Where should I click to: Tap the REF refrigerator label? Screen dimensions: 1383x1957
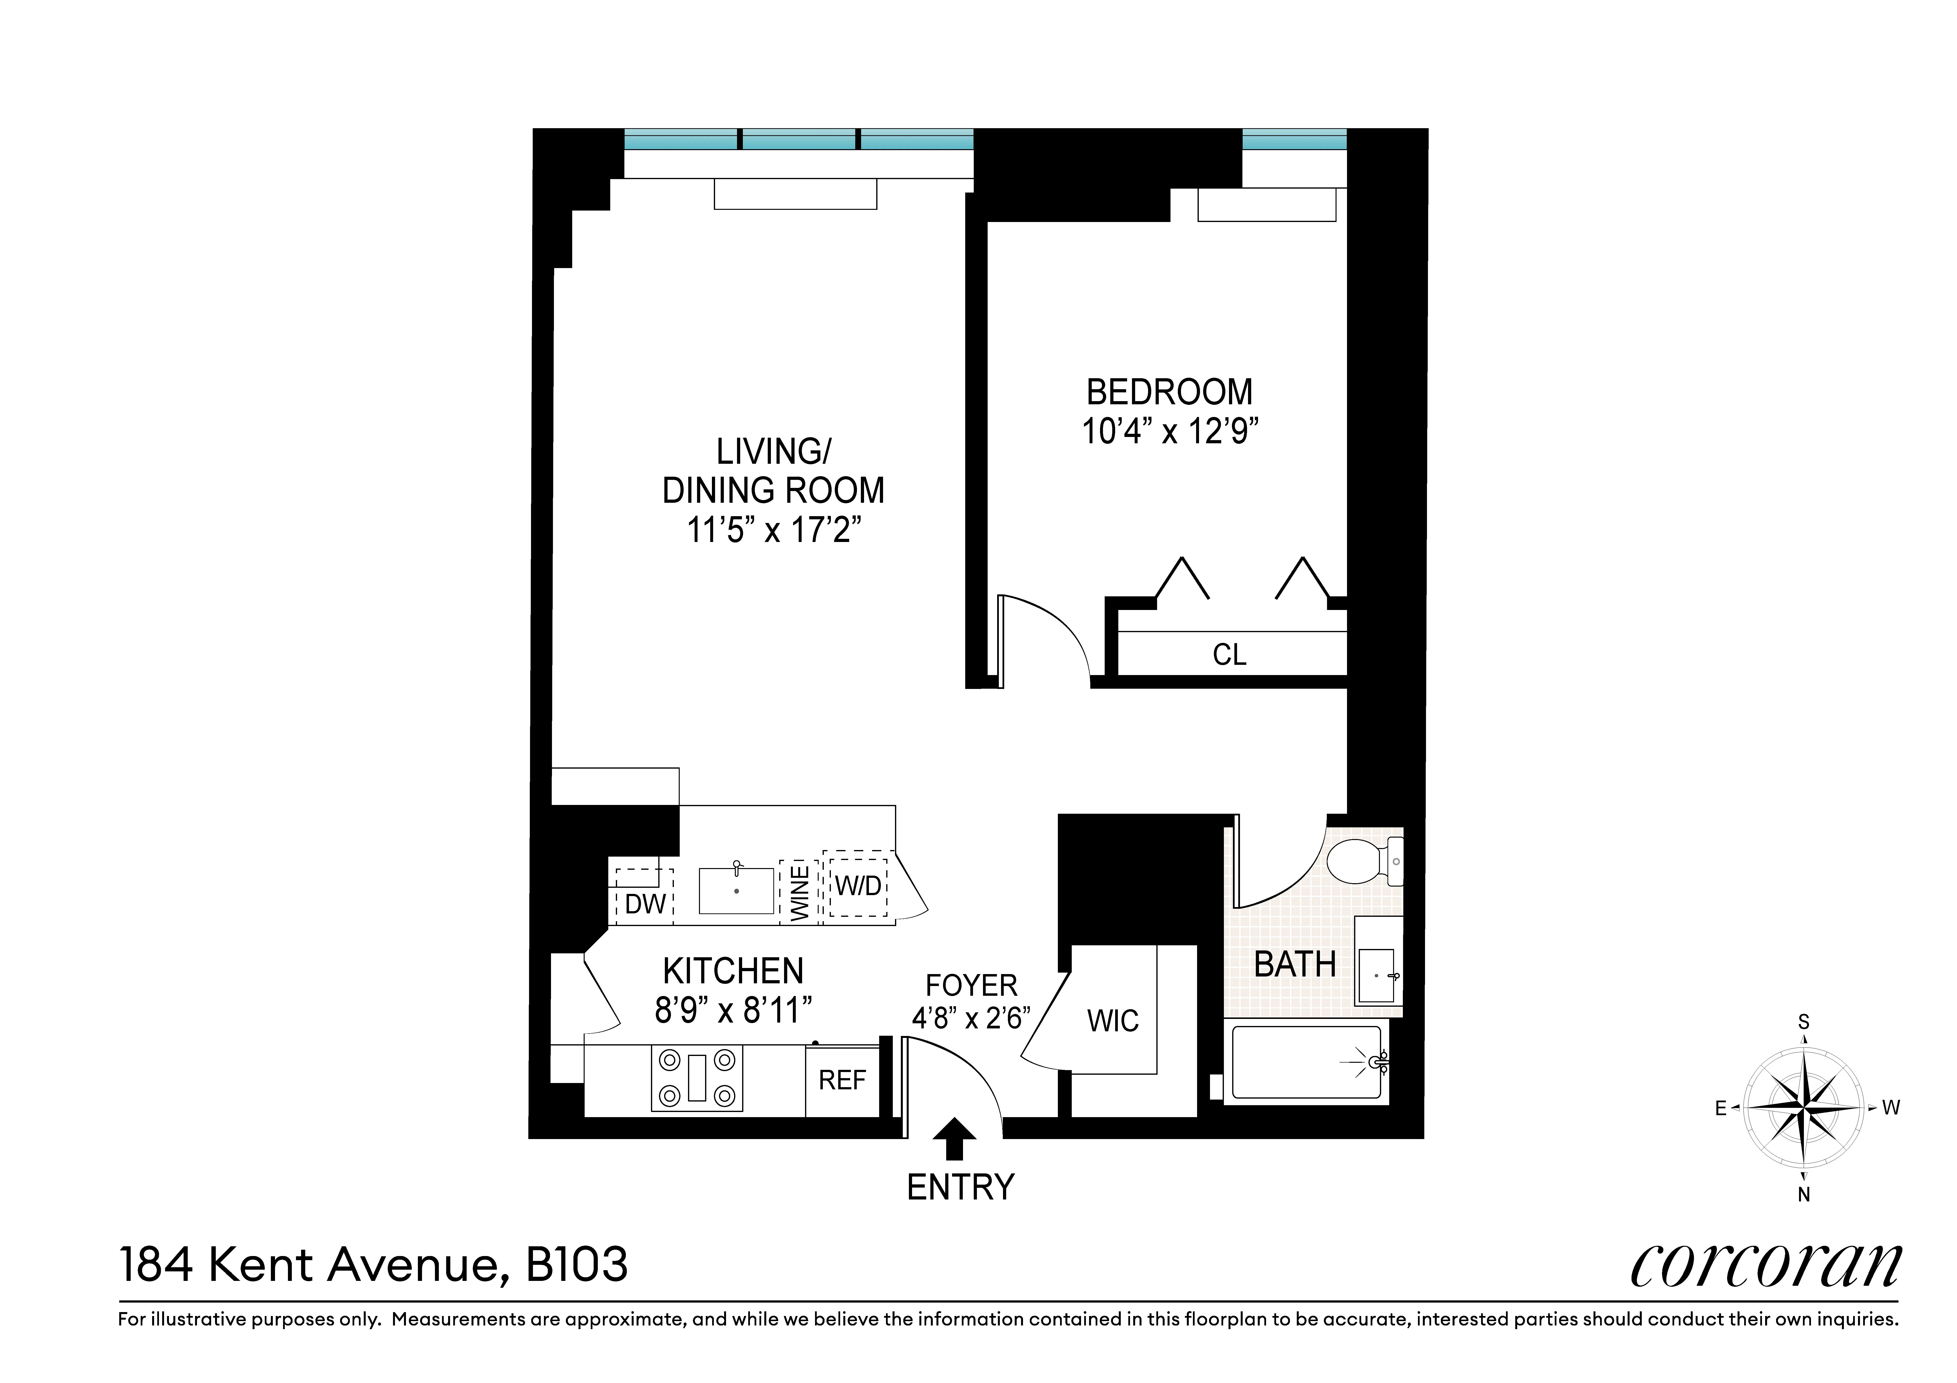coord(842,1081)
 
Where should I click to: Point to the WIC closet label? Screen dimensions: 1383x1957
coord(1112,1021)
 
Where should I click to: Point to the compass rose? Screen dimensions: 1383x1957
coord(1804,1108)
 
